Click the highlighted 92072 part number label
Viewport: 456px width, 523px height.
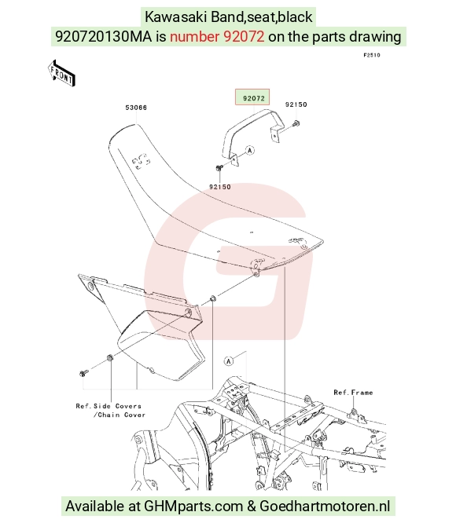coord(254,98)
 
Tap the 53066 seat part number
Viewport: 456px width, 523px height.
coord(136,108)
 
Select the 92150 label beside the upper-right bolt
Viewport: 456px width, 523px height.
coord(296,104)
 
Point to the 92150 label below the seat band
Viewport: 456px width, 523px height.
coord(220,187)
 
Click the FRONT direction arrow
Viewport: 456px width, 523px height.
coord(61,74)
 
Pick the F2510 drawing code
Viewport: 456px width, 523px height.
coord(372,55)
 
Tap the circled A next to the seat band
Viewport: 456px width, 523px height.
coord(250,151)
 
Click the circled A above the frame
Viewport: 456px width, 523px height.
coord(229,361)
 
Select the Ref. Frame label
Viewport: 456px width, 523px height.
coord(353,393)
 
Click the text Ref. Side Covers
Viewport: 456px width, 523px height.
coord(108,406)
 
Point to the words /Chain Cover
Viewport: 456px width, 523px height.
coord(120,415)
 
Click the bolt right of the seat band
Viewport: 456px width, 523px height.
coord(296,124)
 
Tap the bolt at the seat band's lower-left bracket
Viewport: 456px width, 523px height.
coord(219,167)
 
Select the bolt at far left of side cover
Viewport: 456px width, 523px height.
coord(84,372)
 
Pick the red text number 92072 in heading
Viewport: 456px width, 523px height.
coord(217,36)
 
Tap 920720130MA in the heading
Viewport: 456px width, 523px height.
coord(104,36)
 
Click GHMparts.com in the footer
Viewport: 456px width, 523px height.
coord(193,507)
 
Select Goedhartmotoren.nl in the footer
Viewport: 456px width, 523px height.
coord(325,507)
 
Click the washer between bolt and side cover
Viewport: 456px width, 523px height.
coord(109,358)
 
